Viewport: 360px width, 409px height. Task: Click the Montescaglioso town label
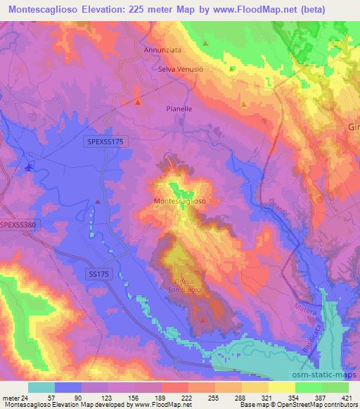click(x=179, y=201)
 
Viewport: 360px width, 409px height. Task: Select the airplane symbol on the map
click(x=28, y=167)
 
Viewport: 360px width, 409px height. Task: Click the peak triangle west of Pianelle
click(x=138, y=103)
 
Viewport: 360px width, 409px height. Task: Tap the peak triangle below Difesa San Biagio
click(x=203, y=320)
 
